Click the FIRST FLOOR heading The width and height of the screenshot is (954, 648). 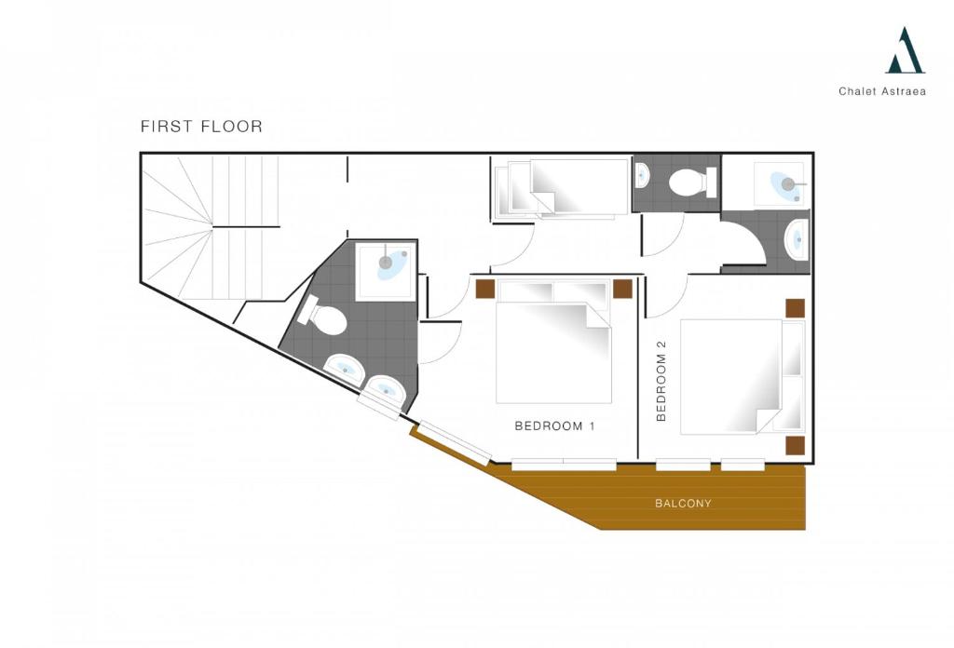201,127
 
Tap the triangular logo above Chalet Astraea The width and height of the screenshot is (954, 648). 906,50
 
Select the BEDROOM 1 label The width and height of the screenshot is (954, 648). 555,426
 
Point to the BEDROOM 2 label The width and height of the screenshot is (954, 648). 661,381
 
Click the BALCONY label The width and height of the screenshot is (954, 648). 683,504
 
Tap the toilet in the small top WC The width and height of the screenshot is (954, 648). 692,182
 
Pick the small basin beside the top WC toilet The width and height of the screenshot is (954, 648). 642,176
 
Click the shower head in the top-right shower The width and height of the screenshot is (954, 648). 788,183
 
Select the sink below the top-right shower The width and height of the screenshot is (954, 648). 797,239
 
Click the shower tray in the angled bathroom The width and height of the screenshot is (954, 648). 385,271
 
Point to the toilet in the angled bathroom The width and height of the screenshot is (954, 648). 323,315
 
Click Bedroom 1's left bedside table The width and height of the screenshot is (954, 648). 484,289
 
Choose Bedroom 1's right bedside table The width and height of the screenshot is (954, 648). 622,289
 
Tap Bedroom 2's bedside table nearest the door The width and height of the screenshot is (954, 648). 796,308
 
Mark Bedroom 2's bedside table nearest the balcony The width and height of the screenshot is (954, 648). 796,446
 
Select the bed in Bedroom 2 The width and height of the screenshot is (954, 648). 743,377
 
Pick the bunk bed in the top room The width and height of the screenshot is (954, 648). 560,188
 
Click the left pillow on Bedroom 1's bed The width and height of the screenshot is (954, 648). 525,291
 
